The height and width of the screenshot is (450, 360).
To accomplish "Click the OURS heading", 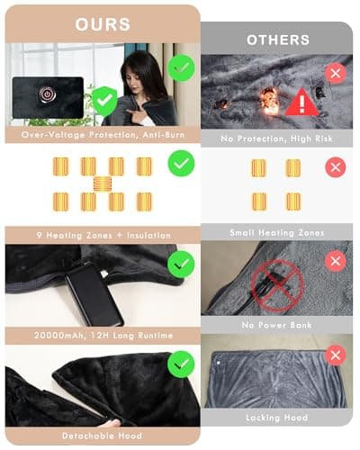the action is click(103, 24).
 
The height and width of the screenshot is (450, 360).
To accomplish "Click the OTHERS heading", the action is click(278, 40).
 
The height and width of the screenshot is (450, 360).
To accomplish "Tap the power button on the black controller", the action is click(46, 94).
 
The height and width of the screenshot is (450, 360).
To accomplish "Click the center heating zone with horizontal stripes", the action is click(103, 184).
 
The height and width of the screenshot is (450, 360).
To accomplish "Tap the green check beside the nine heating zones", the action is click(181, 163).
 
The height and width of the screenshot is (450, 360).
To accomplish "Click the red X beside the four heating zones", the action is click(336, 166).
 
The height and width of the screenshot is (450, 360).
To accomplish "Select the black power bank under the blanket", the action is click(94, 294).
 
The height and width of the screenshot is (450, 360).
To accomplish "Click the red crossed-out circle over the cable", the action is click(277, 286).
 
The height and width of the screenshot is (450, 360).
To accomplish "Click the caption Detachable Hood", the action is click(102, 436).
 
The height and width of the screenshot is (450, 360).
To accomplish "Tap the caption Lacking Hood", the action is click(276, 418).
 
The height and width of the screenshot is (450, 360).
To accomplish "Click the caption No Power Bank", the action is click(276, 325).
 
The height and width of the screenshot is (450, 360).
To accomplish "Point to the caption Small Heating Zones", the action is click(277, 233).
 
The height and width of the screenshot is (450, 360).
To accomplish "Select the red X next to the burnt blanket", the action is click(336, 73).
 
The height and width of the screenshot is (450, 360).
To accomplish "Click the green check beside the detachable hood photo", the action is click(181, 364).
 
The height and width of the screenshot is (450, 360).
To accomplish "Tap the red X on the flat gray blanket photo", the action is click(336, 355).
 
